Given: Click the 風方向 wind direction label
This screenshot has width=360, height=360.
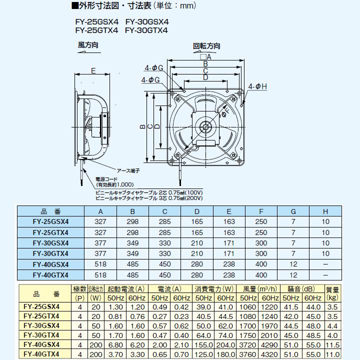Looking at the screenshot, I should [x=88, y=45].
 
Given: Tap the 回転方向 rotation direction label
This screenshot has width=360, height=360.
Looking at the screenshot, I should [x=206, y=46].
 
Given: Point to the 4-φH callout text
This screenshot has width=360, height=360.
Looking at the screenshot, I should [x=258, y=86].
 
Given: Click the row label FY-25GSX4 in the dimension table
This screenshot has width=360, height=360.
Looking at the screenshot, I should [x=50, y=222].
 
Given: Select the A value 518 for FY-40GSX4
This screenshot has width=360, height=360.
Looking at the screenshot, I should [x=100, y=264].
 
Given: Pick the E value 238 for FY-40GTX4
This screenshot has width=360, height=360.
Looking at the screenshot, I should [x=229, y=274].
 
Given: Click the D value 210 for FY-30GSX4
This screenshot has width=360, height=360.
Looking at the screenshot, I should [x=197, y=243].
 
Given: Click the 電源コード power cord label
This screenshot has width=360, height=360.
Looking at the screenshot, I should [x=107, y=178].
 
